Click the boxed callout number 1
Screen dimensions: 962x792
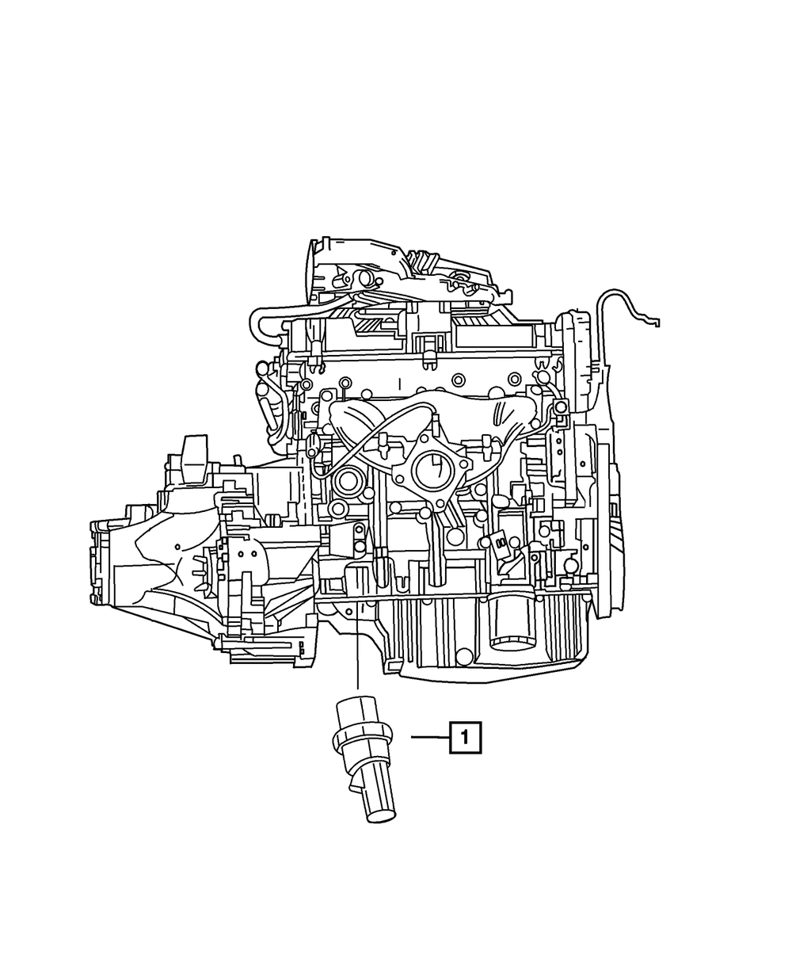coord(465,738)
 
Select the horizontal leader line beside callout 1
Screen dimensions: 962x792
coord(429,738)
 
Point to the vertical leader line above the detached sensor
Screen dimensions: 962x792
coord(357,650)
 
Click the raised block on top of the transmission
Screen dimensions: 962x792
coord(193,457)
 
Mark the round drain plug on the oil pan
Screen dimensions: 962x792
coord(464,656)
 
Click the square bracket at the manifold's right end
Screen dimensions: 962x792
coord(561,407)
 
